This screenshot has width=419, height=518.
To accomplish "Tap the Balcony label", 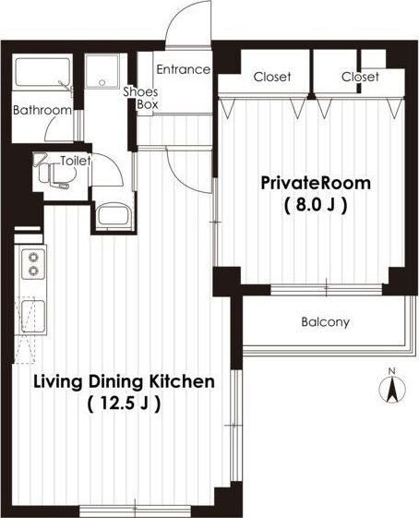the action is coord(325,321).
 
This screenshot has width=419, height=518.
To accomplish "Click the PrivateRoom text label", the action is coord(316,183).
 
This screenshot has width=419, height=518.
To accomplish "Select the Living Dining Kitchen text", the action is coord(125,381).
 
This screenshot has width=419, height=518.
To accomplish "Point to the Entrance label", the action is coord(184,69).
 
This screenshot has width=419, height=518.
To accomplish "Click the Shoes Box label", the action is coord(140,98).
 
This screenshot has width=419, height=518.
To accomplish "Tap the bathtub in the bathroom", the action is coord(43,72).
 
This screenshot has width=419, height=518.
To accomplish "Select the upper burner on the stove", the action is coord(33,257).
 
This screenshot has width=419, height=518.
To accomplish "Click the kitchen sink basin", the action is coord(33,316).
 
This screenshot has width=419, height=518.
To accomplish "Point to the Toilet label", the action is coord(76,161).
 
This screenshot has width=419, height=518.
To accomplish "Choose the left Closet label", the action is coord(272,77).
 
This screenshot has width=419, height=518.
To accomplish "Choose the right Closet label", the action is coord(360,77).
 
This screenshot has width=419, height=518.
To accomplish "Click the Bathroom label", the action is coord(42,110).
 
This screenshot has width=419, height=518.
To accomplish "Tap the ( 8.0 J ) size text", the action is coord(316,205).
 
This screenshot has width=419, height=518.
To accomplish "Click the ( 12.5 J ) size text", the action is coord(125,404).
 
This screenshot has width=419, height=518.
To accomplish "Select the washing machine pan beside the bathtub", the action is coord(102,72).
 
